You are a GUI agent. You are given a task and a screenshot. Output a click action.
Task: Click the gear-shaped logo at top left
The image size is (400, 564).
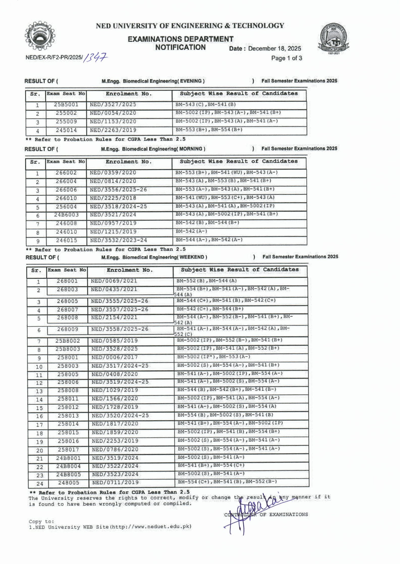click(40, 36)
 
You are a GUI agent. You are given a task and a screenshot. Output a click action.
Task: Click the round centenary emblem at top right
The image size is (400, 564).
click(334, 38)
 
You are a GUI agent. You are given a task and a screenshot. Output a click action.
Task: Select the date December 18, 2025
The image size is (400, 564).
click(274, 48)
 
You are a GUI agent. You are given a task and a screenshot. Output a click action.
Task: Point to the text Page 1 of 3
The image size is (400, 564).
click(286, 58)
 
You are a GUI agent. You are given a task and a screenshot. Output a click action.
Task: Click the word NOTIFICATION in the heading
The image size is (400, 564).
click(180, 47)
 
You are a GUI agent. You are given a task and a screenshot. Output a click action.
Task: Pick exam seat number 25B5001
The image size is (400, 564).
click(66, 105)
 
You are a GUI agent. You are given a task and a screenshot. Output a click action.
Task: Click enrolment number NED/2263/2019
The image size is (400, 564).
click(113, 130)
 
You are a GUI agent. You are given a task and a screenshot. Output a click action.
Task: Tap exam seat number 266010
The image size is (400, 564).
click(66, 198)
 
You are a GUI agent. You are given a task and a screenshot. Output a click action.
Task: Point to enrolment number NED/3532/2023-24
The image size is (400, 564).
click(118, 240)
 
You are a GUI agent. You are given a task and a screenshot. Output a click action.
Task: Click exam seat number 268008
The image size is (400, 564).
click(67, 318)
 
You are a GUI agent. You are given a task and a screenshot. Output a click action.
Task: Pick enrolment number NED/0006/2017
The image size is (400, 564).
click(115, 357)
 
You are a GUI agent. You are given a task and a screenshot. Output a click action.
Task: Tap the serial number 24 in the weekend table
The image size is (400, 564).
click(40, 484)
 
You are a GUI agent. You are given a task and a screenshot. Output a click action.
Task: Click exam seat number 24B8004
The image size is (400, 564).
click(68, 466)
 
